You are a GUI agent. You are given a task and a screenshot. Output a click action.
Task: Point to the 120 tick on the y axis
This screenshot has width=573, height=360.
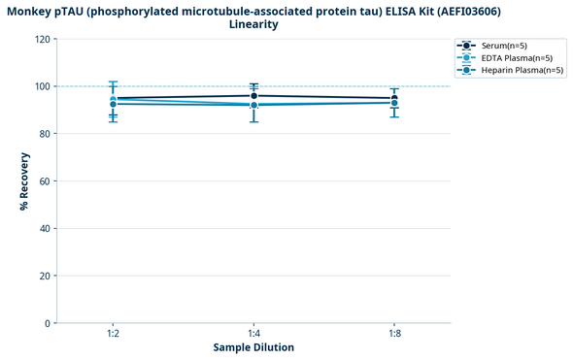(44, 40)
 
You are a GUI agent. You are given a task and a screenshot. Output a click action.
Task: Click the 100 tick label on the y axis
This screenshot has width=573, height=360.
(44, 86)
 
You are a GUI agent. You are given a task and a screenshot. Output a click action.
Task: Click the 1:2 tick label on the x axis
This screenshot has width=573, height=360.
(114, 334)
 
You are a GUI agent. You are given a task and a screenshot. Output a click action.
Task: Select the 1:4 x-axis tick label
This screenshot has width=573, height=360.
(253, 334)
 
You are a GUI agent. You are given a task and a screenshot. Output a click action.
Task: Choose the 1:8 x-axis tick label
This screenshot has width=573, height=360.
(394, 334)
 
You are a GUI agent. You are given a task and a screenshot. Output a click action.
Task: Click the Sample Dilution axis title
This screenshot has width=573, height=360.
(253, 347)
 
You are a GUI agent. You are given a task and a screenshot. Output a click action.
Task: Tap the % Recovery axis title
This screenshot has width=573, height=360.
(23, 181)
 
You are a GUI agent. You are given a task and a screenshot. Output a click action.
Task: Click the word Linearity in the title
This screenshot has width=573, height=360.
(254, 24)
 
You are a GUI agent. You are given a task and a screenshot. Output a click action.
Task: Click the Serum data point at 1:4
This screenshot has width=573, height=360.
(253, 95)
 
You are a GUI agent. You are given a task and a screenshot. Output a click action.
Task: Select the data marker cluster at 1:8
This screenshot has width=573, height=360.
(394, 101)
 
